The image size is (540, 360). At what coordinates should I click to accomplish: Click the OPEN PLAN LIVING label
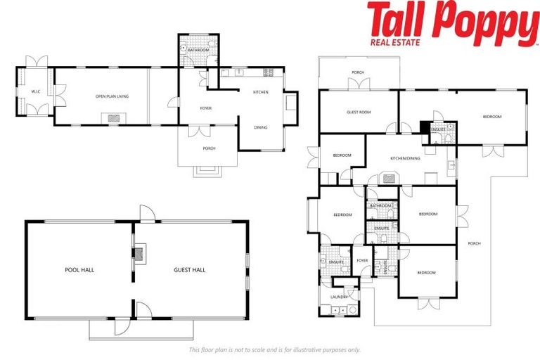[112, 96]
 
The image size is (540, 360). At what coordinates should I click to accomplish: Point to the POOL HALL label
[79, 269]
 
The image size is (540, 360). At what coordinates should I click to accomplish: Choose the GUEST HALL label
[189, 269]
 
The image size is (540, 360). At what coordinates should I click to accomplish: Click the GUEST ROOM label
[359, 112]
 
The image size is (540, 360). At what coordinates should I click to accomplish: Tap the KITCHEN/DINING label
[405, 158]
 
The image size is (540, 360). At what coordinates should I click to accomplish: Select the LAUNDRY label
[339, 297]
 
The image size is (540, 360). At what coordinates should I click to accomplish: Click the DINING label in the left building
[260, 127]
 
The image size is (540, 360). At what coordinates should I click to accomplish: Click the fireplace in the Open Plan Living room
[114, 119]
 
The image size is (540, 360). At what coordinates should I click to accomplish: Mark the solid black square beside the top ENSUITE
[424, 127]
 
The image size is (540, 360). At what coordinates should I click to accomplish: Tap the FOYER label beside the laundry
[362, 260]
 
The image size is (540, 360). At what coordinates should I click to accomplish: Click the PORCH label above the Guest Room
[358, 72]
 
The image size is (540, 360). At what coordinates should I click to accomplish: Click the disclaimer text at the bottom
[274, 349]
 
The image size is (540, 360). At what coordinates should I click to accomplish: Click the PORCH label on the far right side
[474, 243]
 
